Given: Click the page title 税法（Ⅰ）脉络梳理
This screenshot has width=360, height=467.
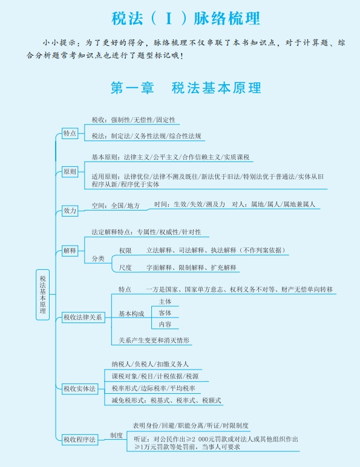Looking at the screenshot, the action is [x=186, y=18].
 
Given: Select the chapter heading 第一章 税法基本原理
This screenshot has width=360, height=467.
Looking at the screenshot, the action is [x=186, y=88].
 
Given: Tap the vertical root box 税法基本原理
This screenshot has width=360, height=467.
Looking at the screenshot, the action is [x=42, y=295].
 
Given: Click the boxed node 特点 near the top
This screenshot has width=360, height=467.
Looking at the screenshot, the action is [x=70, y=133].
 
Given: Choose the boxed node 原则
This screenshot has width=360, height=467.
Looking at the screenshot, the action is [x=70, y=172].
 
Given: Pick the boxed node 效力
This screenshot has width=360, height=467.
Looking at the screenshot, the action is [x=70, y=211].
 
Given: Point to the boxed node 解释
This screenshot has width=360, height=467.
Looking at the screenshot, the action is [x=70, y=250].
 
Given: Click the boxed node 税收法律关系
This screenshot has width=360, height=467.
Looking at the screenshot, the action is [x=83, y=317].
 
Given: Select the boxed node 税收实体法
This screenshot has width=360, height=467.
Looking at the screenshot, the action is [x=80, y=389].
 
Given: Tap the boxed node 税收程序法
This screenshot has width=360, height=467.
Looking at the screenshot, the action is [x=80, y=439].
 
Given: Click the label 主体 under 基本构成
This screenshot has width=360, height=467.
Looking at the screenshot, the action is [x=165, y=302].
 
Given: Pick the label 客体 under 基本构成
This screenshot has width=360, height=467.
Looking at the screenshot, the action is [x=165, y=313].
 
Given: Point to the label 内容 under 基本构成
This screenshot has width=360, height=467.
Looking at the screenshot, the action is [x=165, y=324].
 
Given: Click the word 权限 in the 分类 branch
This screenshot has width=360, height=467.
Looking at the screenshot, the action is [x=125, y=250].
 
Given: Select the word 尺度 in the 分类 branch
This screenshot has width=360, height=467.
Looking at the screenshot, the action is [x=125, y=267].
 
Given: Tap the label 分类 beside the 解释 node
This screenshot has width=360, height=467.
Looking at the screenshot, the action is [x=98, y=258].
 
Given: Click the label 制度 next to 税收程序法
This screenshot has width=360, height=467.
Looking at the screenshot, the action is [x=116, y=436].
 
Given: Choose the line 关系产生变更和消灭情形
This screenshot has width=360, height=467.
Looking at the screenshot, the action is [x=154, y=340].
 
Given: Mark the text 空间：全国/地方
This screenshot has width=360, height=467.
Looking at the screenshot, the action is [x=116, y=206].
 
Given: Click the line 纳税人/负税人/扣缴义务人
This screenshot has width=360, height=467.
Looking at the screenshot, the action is [x=150, y=364].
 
